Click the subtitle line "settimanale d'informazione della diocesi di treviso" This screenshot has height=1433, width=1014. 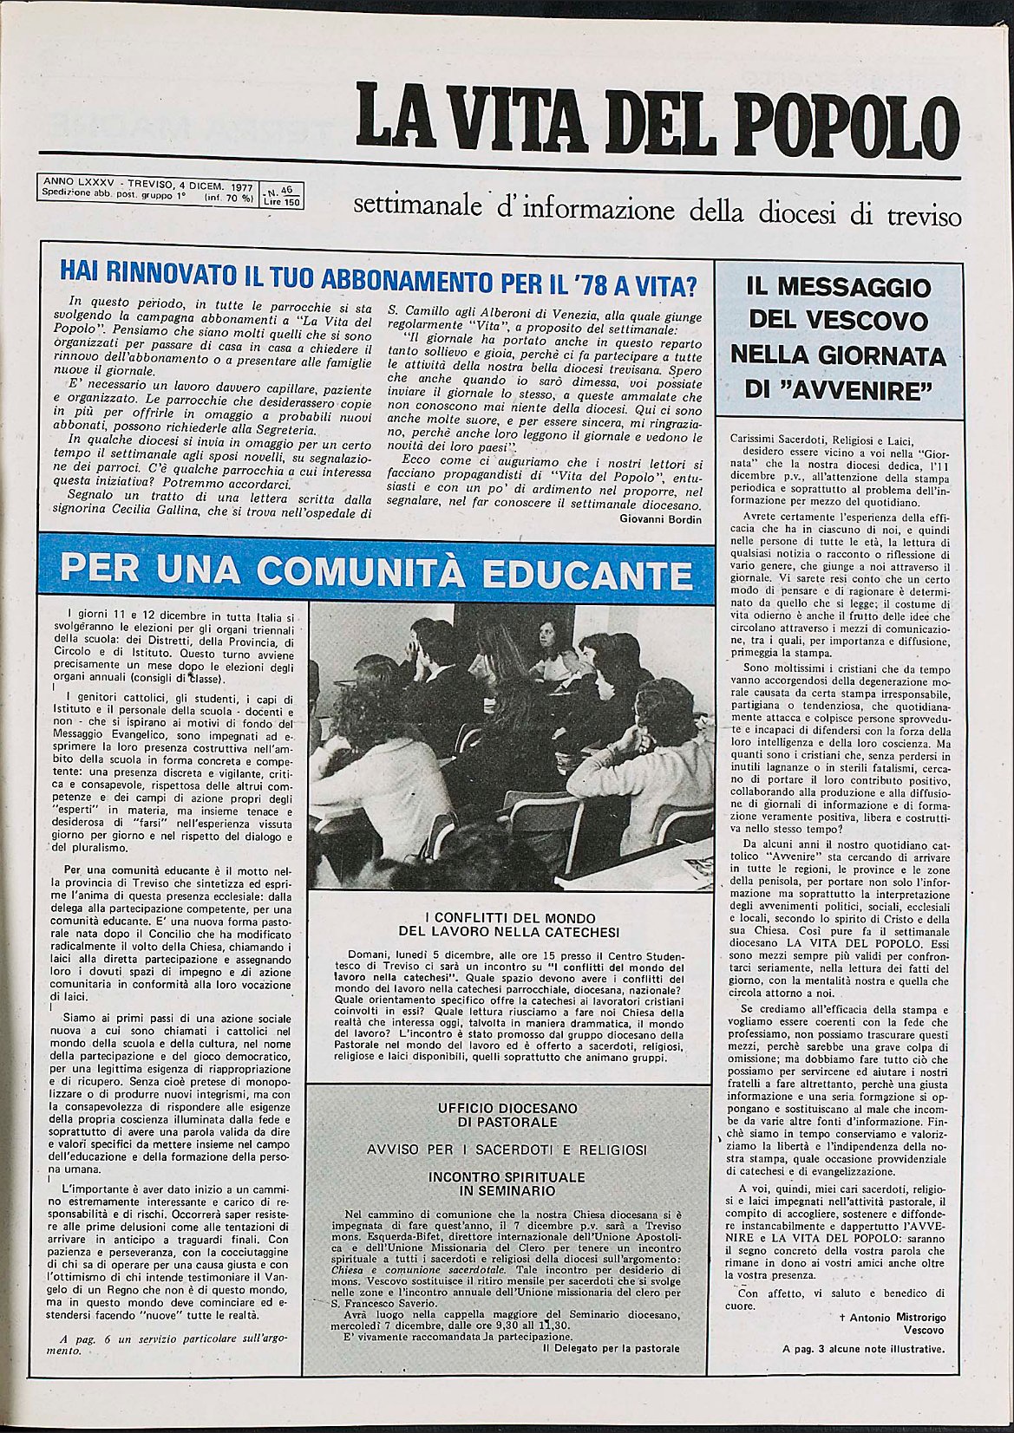click(x=657, y=209)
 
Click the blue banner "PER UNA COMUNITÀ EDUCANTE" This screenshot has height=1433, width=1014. click(x=376, y=573)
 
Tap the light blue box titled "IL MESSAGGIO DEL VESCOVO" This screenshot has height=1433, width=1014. click(x=838, y=338)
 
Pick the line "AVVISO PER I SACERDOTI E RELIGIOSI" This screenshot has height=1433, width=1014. click(x=507, y=1150)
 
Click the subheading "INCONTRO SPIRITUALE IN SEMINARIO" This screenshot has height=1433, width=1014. click(x=507, y=1183)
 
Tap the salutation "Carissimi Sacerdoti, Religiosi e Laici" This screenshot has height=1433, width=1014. click(x=828, y=440)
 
